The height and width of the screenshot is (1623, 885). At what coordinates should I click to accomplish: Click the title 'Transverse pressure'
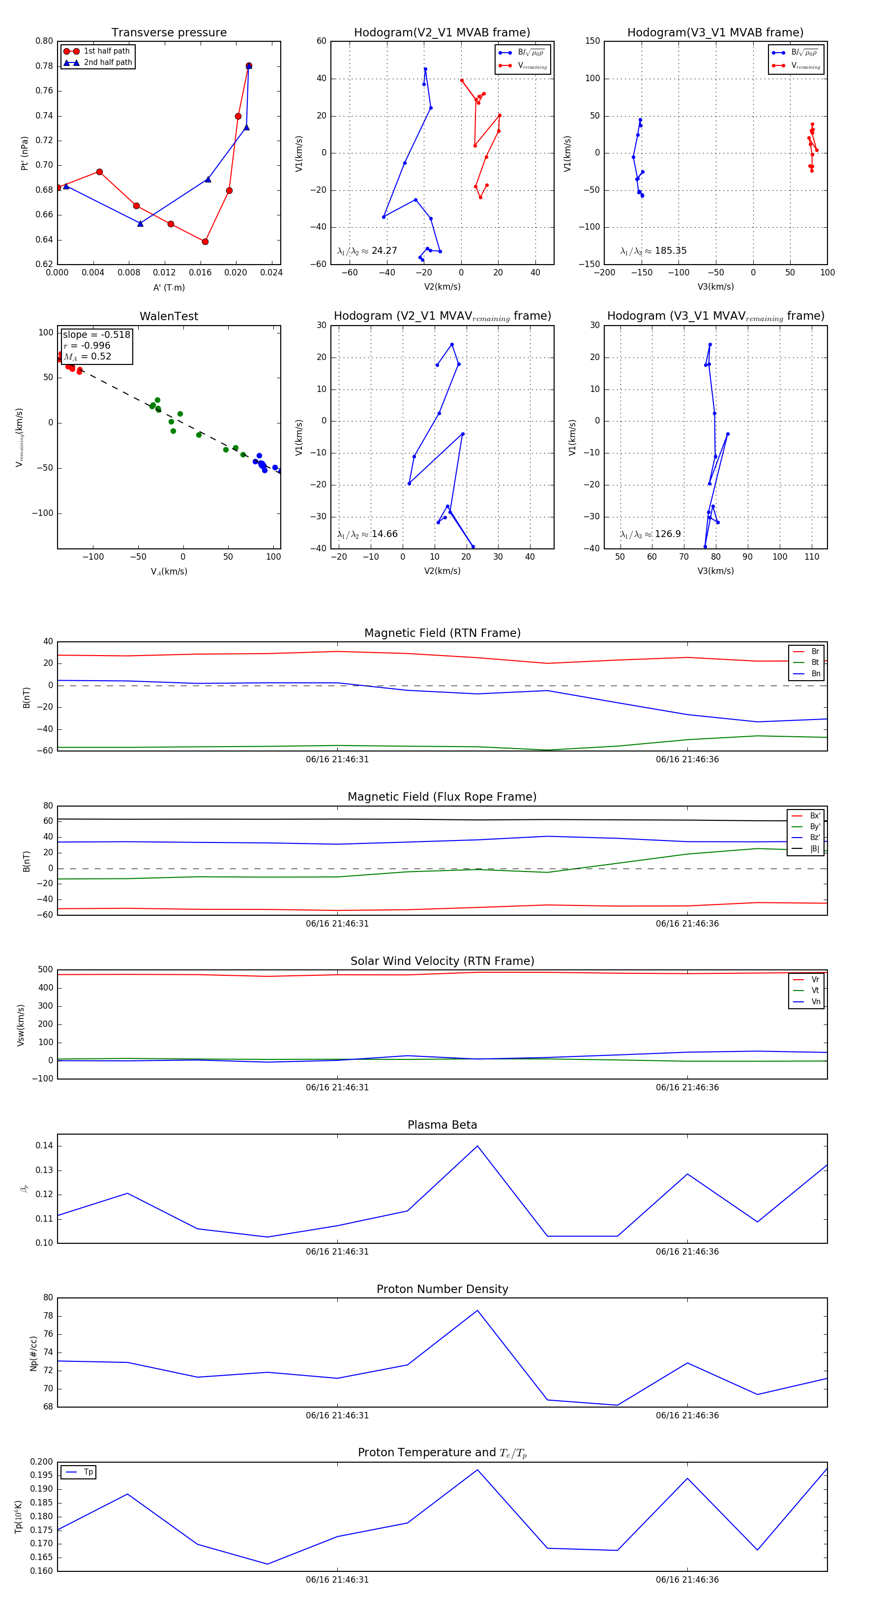point(169,33)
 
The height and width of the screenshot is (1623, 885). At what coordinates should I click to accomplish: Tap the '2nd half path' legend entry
point(108,62)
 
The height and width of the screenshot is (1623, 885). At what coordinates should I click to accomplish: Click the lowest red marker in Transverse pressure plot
point(205,241)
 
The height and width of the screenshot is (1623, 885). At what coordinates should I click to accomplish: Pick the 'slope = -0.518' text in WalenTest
point(96,334)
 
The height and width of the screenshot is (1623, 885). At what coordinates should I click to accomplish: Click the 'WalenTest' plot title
point(169,316)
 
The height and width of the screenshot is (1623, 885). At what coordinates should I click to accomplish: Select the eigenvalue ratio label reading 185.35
point(653,251)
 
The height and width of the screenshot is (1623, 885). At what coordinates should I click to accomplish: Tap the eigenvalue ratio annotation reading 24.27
point(367,251)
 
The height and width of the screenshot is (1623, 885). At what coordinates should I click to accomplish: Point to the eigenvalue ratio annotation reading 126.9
point(650,534)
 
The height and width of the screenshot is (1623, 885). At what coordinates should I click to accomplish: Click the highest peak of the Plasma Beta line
point(477,1146)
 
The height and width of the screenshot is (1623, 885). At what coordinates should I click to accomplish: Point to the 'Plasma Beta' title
point(442,1125)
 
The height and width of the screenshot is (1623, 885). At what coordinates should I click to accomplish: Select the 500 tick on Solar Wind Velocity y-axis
point(45,970)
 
